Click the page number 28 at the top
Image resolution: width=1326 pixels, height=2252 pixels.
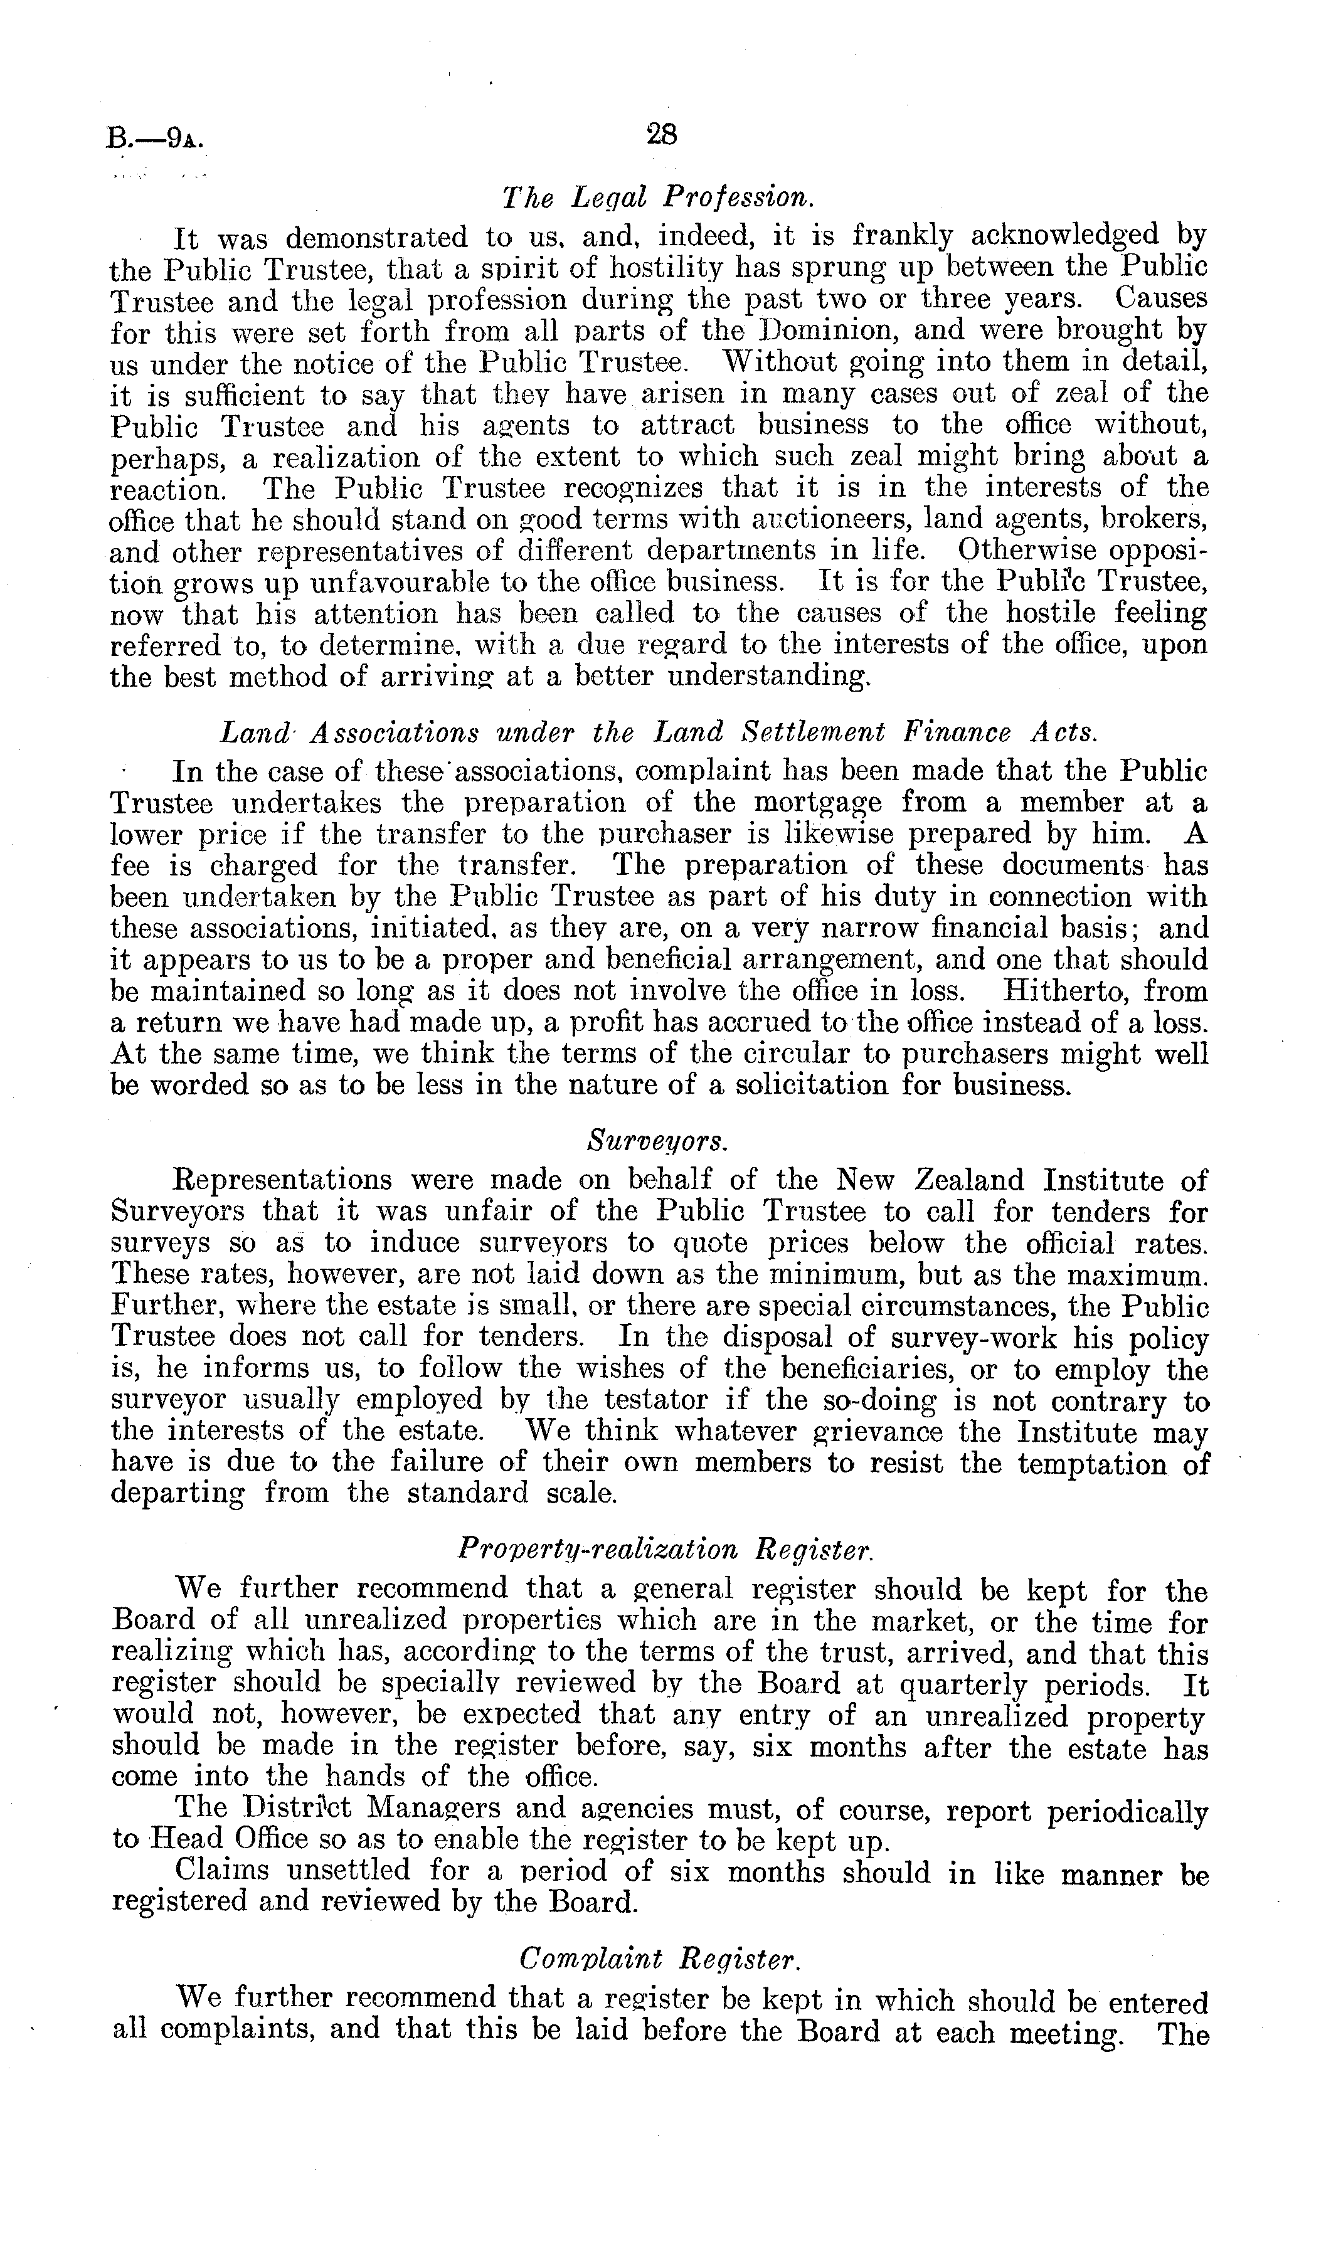point(662,134)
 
